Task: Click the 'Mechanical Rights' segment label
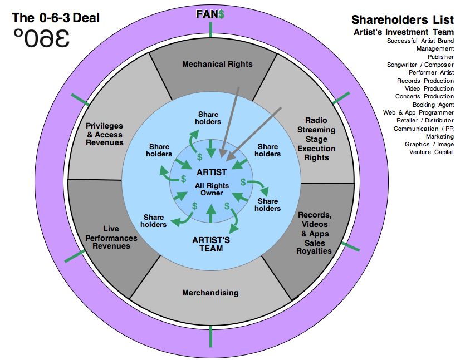217,64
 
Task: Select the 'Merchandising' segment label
210,293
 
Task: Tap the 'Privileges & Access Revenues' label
104,134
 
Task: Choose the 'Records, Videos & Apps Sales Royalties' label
315,233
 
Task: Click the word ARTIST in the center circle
212,172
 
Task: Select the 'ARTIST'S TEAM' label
211,244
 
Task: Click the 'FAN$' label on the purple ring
210,14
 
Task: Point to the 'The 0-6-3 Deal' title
56,18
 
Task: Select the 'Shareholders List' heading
404,20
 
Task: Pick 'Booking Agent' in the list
433,105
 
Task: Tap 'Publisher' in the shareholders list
440,57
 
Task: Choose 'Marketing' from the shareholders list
439,136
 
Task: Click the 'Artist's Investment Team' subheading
403,32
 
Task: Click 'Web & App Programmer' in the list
418,112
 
